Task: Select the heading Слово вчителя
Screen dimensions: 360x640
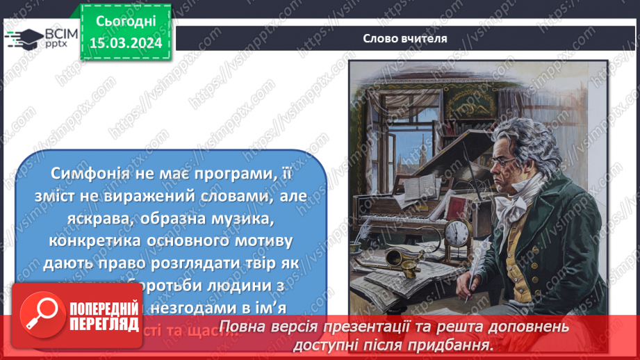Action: pos(405,39)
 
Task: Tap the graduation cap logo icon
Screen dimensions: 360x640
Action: pos(23,38)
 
